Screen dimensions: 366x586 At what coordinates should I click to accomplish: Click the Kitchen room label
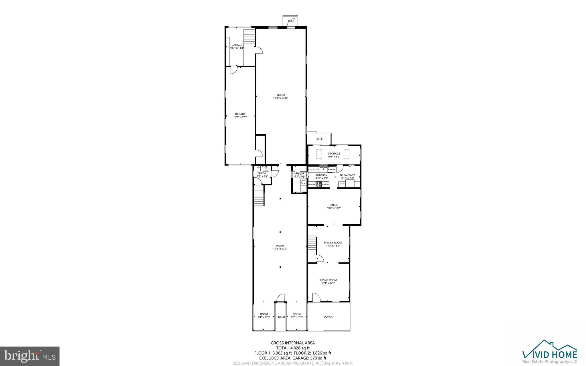(x=321, y=175)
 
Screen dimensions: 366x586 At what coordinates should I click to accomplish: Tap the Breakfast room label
(x=347, y=175)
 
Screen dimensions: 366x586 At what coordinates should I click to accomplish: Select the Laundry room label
(x=300, y=173)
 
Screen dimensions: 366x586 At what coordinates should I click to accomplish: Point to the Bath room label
(x=262, y=173)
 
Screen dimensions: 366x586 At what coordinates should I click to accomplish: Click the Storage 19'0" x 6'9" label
(x=334, y=155)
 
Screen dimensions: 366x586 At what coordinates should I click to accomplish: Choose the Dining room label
(x=334, y=205)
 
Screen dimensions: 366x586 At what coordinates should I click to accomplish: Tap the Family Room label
(x=333, y=243)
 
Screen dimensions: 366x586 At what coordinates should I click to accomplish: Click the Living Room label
(x=328, y=280)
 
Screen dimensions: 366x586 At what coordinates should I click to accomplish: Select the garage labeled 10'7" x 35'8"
(x=240, y=116)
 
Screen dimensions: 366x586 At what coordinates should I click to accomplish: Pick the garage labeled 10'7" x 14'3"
(x=237, y=46)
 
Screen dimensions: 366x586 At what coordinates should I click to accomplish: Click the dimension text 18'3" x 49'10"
(x=281, y=98)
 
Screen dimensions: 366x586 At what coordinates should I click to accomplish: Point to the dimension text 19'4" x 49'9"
(x=280, y=249)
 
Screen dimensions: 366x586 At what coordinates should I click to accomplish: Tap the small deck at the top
(x=291, y=21)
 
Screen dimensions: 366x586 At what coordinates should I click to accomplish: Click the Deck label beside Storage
(x=319, y=139)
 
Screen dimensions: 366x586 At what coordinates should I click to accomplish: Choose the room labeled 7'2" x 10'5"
(x=297, y=315)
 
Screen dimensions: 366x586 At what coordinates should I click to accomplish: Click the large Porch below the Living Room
(x=328, y=317)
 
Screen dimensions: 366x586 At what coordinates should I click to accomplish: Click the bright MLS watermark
(x=30, y=356)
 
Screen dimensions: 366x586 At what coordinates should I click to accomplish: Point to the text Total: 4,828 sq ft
(x=292, y=348)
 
